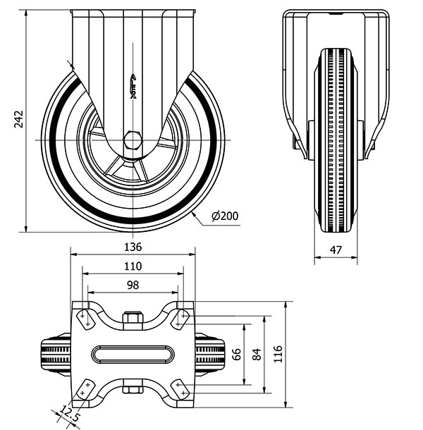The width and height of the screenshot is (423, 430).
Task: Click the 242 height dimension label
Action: tap(19, 121)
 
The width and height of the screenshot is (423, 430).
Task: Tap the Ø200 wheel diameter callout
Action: tap(224, 216)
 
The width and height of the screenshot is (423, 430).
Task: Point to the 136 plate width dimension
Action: tap(133, 247)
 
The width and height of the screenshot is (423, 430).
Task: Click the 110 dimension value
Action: tap(133, 266)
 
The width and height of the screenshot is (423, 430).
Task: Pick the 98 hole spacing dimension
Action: tap(133, 285)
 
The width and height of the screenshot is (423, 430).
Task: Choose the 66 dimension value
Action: tap(238, 353)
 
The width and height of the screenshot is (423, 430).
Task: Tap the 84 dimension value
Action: tap(257, 353)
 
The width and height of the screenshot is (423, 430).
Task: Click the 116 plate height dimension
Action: tap(278, 353)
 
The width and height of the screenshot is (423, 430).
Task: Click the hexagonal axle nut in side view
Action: tap(133, 140)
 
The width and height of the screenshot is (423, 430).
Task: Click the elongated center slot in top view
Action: tap(133, 353)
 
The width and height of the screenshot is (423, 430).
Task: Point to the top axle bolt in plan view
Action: tap(133, 320)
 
